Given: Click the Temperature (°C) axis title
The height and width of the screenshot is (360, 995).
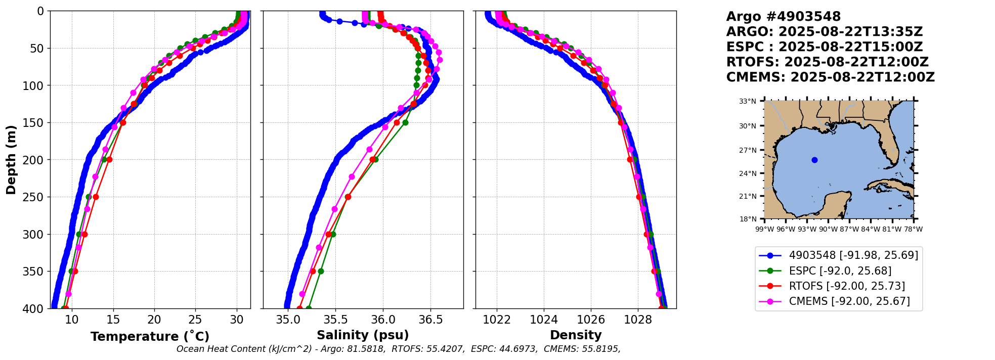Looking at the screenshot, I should pyautogui.click(x=150, y=337).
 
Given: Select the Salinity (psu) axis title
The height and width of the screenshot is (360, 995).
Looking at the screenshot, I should pyautogui.click(x=363, y=335).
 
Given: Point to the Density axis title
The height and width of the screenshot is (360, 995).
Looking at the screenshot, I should pyautogui.click(x=576, y=335).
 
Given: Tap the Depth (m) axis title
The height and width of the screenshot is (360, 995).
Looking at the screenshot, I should pyautogui.click(x=11, y=160).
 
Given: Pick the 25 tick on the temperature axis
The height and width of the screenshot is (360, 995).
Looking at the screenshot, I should pyautogui.click(x=196, y=320).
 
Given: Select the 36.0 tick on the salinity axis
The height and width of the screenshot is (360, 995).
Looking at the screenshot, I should pyautogui.click(x=383, y=320).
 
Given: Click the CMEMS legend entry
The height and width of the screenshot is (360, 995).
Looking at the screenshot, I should pyautogui.click(x=849, y=302).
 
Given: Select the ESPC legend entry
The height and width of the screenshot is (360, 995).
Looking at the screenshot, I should pyautogui.click(x=840, y=271).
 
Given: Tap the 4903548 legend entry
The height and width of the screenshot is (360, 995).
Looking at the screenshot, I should pyautogui.click(x=853, y=255).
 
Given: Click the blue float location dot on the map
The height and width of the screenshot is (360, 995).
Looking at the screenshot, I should pyautogui.click(x=814, y=160).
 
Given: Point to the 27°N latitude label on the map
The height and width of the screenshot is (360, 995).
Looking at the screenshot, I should pyautogui.click(x=748, y=151).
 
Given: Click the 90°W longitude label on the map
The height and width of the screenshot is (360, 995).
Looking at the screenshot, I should pyautogui.click(x=829, y=230).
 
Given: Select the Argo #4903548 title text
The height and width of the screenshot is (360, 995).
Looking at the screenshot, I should pyautogui.click(x=783, y=17).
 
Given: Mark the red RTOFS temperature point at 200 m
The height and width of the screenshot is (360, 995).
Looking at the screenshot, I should pyautogui.click(x=109, y=160).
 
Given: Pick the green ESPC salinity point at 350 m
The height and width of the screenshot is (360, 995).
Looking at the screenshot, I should pyautogui.click(x=321, y=272).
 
